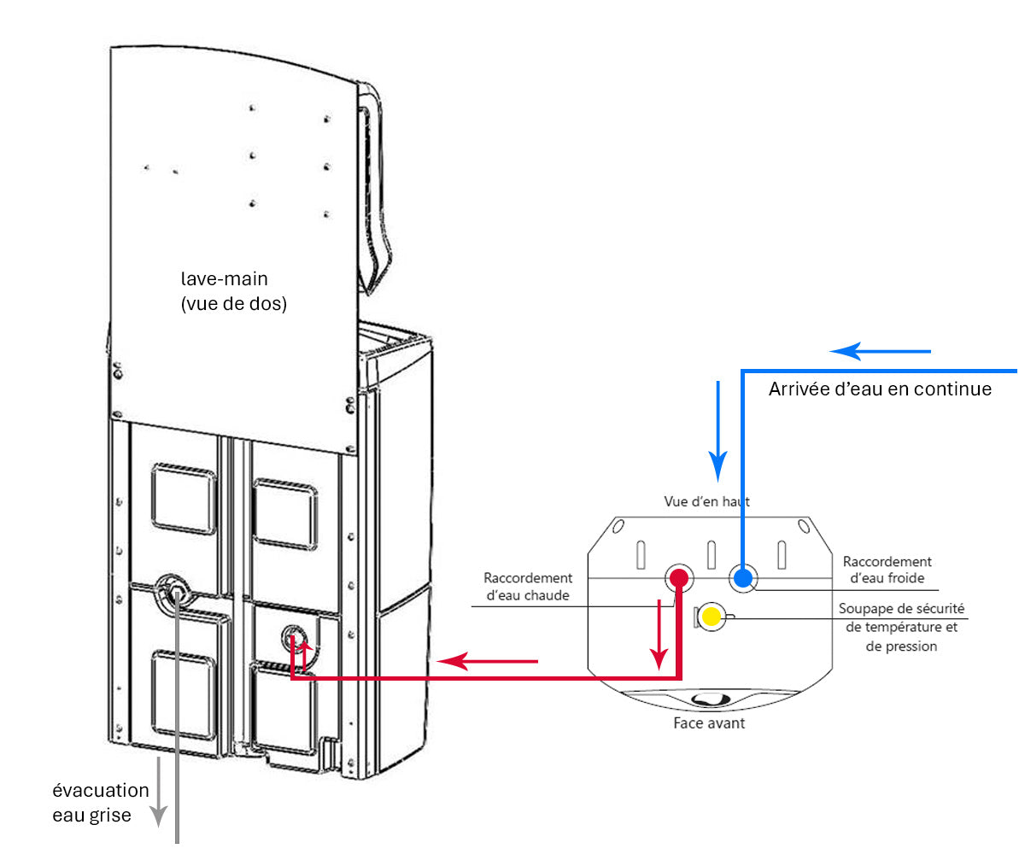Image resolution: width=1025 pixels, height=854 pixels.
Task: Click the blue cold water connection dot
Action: coord(743,578)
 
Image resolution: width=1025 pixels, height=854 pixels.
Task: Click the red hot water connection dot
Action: coord(679,578)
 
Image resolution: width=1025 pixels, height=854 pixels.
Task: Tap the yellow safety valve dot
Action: coord(709,616)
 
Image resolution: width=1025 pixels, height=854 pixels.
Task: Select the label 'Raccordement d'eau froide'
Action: coord(887,570)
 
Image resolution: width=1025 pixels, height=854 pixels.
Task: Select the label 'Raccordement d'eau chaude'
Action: coord(528,587)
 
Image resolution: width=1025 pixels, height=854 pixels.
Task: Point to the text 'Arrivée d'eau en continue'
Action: coord(880,389)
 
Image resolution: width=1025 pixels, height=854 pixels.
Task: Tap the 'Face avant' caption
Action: coord(709,723)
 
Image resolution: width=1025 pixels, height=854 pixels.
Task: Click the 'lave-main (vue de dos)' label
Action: coord(233,291)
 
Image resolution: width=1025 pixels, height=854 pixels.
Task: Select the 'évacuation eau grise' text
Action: coord(100,803)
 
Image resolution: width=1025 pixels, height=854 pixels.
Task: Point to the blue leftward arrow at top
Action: coord(880,351)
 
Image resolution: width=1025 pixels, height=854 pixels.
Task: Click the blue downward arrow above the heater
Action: coord(717,430)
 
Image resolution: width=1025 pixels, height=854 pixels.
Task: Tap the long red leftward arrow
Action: coord(487,660)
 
